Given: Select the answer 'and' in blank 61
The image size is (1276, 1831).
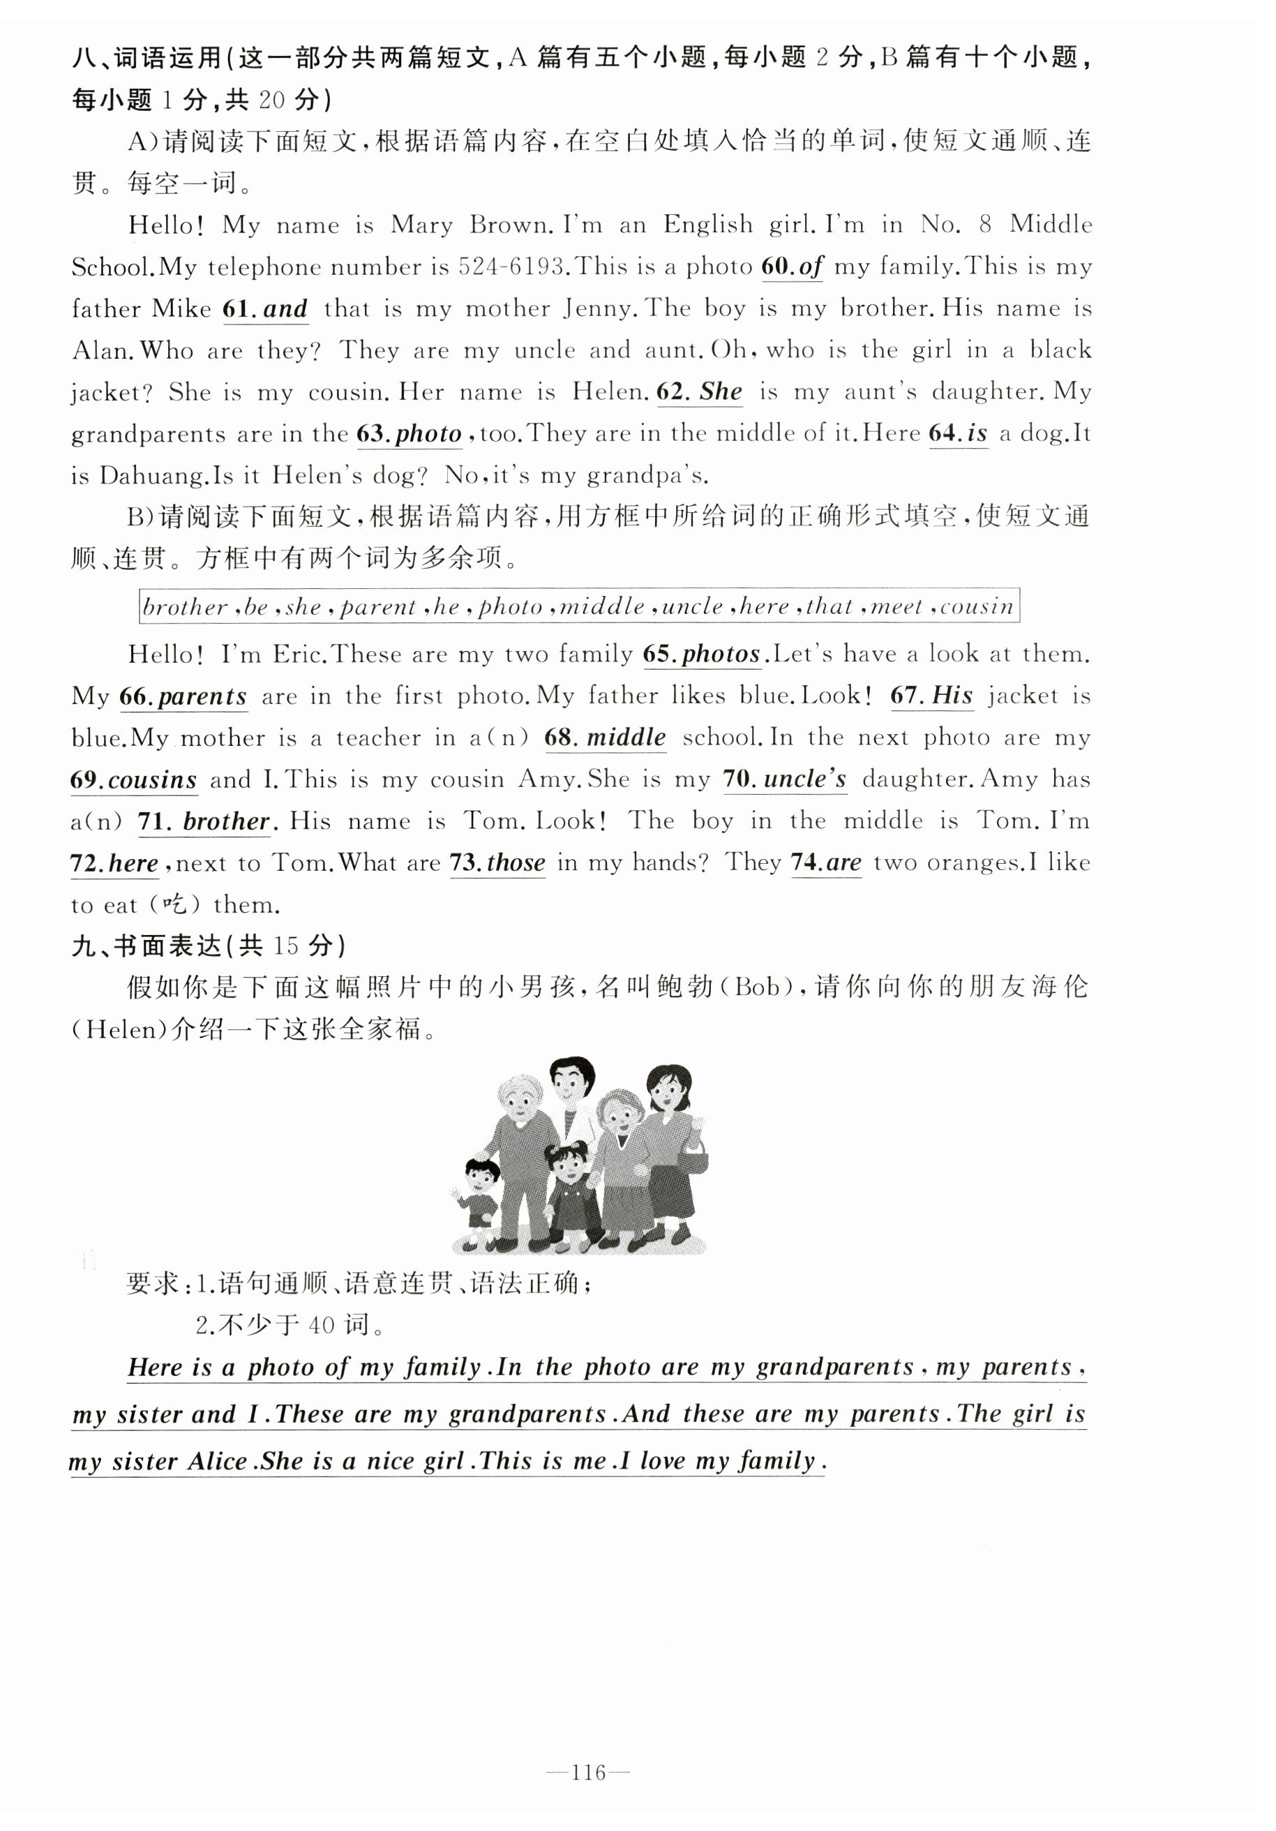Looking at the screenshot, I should tap(285, 308).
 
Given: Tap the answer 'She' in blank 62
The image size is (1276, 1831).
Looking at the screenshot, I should tap(720, 391).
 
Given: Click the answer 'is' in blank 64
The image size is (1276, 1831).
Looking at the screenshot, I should tap(977, 434).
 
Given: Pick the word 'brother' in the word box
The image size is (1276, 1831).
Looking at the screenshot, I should tap(185, 607).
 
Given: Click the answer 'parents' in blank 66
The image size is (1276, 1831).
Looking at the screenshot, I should tap(202, 697).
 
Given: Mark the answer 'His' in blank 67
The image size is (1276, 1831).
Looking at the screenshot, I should tap(952, 696).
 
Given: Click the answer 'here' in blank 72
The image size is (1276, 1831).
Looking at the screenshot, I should tap(133, 864).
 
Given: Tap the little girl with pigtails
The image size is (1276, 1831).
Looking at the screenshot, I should tap(568, 1193).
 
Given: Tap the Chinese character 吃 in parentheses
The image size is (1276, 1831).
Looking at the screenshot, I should tap(174, 904).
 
